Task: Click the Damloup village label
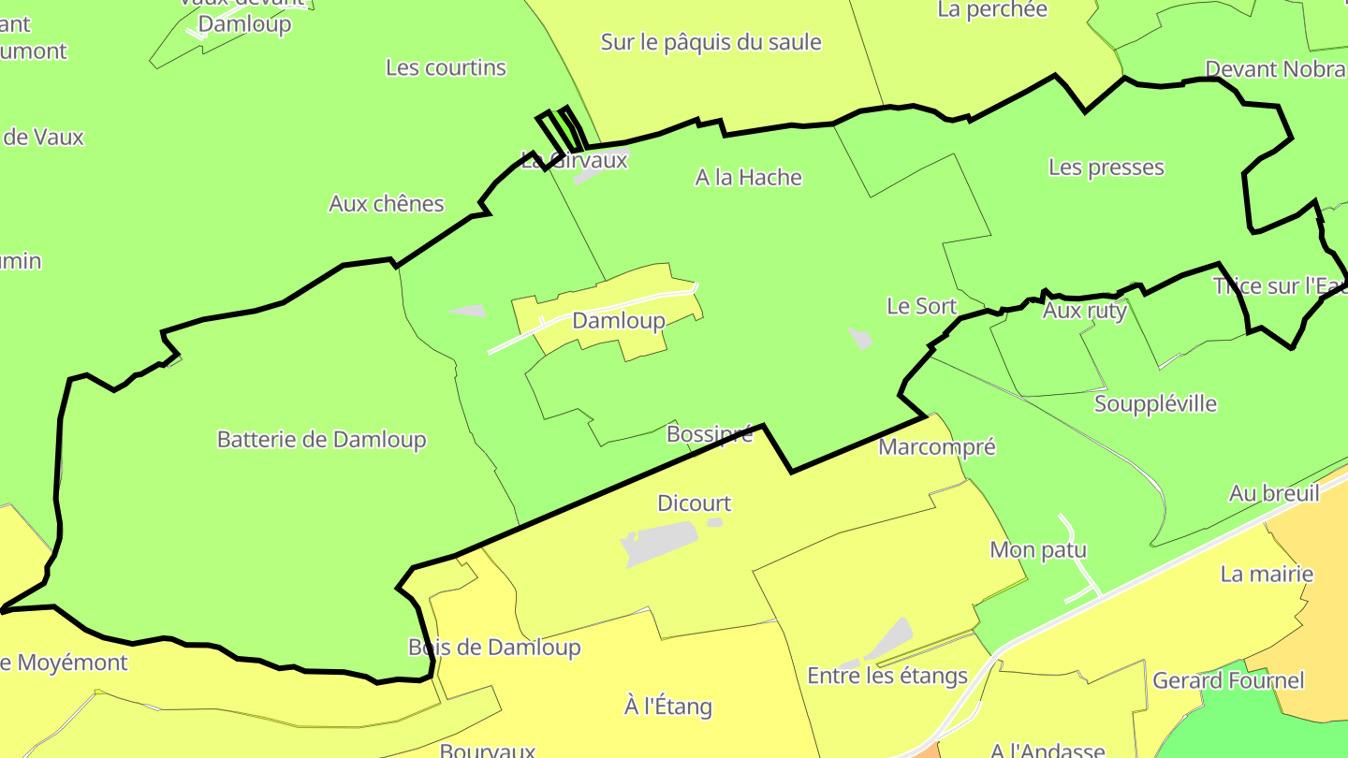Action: [x=618, y=321]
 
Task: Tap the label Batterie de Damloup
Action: [x=321, y=439]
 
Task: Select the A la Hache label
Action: [x=748, y=177]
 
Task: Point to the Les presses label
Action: [x=1106, y=168]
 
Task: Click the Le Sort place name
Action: [x=921, y=306]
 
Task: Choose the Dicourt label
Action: [x=694, y=503]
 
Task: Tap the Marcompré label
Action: [x=936, y=447]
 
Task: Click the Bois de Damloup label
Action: [x=494, y=648]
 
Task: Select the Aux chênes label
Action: [x=386, y=204]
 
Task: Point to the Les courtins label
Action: [x=446, y=67]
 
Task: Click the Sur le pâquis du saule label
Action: [x=711, y=42]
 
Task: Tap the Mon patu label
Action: [x=1038, y=550]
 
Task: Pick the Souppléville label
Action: [x=1155, y=404]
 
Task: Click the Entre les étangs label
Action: [x=886, y=676]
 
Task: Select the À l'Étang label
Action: [x=667, y=707]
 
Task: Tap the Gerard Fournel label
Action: [x=1228, y=680]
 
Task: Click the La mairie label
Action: [x=1267, y=575]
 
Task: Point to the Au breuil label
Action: [x=1274, y=493]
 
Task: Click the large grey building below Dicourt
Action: [x=660, y=543]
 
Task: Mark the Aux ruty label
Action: [x=1084, y=311]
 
